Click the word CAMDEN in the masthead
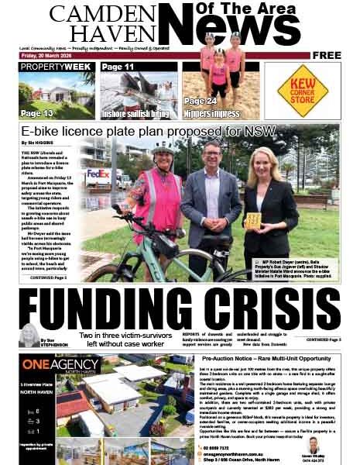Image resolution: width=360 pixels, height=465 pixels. pyautogui.click(x=91, y=14)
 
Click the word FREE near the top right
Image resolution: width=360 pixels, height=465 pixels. pyautogui.click(x=327, y=56)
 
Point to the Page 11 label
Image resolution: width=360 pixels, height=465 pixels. pyautogui.click(x=118, y=67)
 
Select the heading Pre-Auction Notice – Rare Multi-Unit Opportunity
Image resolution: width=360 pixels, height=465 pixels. pyautogui.click(x=268, y=360)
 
